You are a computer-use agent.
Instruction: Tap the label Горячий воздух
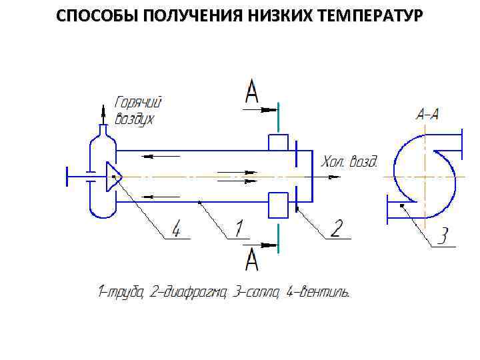pos(139,111)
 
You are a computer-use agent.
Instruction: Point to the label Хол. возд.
pos(349,162)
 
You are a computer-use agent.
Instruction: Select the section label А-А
pos(427,114)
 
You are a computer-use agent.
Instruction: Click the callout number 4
pos(176,229)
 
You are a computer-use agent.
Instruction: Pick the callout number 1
pos(237,229)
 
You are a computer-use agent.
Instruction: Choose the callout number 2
pos(336,229)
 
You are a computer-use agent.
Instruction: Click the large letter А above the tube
pos(251,91)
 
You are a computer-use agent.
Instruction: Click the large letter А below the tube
pos(251,259)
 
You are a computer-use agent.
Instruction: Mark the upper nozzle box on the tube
pos(277,143)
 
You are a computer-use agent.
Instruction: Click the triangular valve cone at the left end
pos(114,177)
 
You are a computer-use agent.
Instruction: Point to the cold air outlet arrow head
pos(335,177)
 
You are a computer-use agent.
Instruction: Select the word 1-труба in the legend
pos(120,292)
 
